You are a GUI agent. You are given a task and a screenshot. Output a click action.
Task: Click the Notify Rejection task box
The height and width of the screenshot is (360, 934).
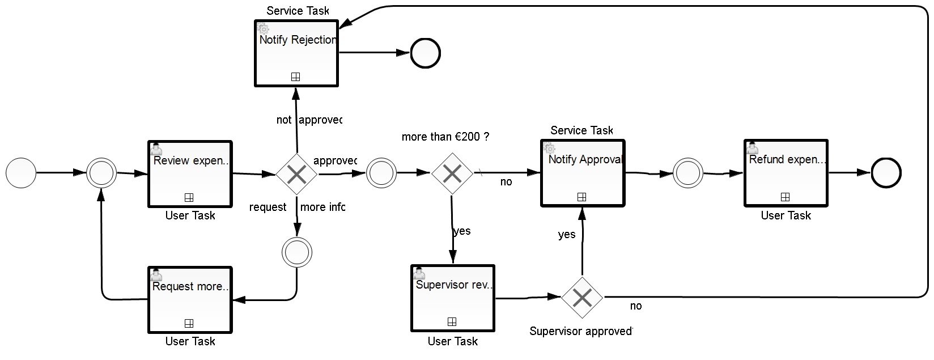296,53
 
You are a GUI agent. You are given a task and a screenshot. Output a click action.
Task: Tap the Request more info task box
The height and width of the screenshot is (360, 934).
190,299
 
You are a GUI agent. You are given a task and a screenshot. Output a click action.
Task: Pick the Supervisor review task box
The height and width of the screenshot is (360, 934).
453,298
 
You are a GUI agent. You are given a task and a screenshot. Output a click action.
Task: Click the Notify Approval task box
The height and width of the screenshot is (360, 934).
583,172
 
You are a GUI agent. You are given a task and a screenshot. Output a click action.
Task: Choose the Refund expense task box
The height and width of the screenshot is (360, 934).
786,173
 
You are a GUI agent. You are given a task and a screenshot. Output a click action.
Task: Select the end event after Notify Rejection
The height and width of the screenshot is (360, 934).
425,53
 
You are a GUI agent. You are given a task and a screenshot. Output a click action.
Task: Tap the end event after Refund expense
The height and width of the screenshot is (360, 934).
886,172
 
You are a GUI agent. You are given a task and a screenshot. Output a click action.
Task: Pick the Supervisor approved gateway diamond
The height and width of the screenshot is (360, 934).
582,297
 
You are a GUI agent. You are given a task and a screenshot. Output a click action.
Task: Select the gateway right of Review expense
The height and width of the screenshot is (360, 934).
296,174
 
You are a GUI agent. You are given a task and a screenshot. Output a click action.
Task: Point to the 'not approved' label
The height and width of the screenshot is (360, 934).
309,120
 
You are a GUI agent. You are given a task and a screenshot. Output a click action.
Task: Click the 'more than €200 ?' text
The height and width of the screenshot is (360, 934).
445,137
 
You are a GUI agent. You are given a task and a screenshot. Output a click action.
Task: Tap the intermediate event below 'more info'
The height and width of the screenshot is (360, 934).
297,252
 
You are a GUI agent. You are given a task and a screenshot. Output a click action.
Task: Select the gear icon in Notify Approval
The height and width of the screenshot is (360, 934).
549,149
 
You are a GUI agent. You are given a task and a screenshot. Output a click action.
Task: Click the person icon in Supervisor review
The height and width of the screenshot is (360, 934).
419,273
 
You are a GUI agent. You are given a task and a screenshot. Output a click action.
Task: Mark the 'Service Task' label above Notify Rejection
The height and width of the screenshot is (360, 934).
298,11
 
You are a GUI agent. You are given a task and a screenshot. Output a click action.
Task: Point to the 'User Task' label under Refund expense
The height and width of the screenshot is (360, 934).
786,215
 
